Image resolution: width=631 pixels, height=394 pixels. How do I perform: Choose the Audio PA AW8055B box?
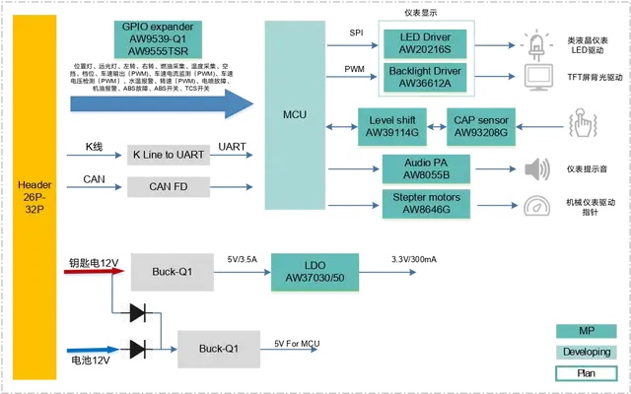(x=426, y=168)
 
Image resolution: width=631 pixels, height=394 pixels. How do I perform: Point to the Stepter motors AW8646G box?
(x=426, y=203)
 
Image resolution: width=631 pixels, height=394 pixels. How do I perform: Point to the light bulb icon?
(x=537, y=44)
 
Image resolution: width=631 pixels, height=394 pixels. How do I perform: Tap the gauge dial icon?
(x=538, y=207)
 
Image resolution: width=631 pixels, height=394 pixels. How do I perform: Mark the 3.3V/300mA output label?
(x=414, y=259)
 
